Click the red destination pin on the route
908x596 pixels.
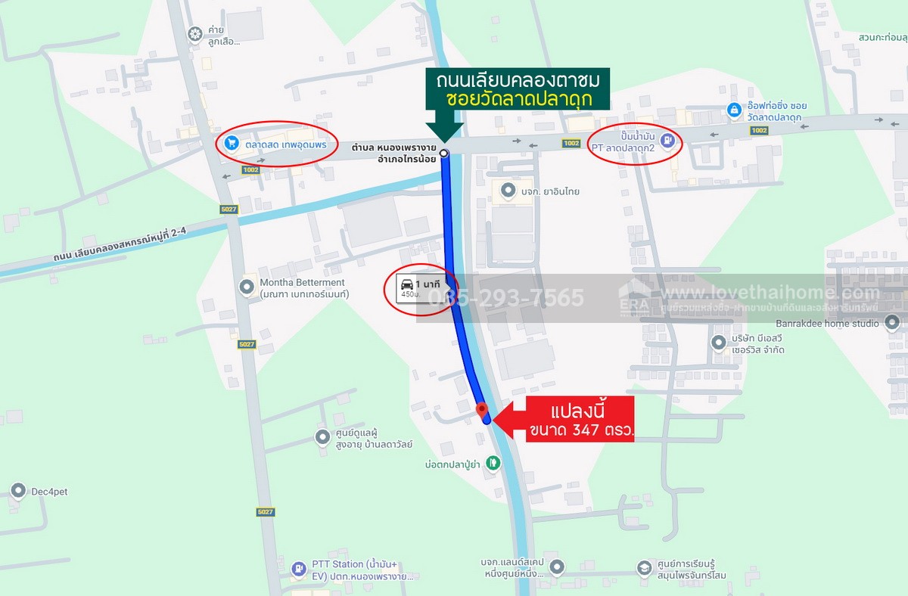[x=481, y=409]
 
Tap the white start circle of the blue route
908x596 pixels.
[x=444, y=154]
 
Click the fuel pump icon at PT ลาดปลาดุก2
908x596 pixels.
[x=667, y=139]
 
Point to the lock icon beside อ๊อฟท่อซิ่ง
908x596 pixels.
[x=733, y=110]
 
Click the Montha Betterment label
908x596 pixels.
[x=302, y=283]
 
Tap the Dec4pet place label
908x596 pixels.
[x=49, y=492]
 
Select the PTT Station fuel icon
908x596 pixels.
[x=299, y=570]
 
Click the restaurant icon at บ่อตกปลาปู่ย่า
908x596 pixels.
[x=493, y=461]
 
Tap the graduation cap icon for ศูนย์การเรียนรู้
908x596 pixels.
[x=644, y=568]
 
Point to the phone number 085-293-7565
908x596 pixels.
[x=506, y=297]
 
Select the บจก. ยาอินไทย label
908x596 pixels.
[x=550, y=191]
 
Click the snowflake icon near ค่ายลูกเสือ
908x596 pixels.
[x=194, y=33]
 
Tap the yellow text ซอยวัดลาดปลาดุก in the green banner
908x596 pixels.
[x=518, y=99]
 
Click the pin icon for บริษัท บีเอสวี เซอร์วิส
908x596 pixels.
[x=718, y=343]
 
